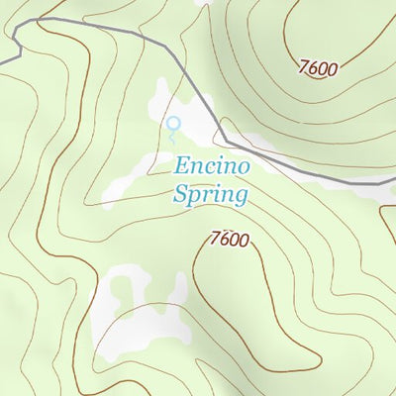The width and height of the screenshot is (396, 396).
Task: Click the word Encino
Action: coord(209,165)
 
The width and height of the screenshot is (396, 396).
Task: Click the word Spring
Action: coord(209,195)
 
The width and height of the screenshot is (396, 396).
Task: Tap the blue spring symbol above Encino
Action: coord(174,125)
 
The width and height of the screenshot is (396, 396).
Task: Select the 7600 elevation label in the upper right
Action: coord(318,68)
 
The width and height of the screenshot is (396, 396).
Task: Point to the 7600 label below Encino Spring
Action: coord(229,240)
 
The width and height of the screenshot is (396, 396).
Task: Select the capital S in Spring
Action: coord(181,194)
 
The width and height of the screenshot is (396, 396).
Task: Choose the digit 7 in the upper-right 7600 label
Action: coord(303,66)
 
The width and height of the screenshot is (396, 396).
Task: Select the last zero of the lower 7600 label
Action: coord(244,243)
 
